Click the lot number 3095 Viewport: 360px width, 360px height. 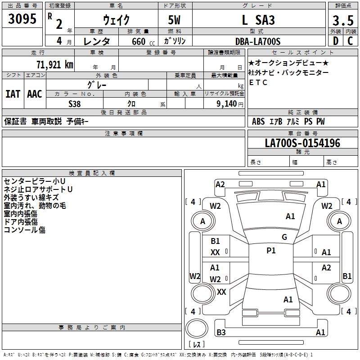22,19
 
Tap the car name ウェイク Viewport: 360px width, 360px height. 117,20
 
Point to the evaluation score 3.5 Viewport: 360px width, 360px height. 342,20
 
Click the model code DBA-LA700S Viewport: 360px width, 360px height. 258,41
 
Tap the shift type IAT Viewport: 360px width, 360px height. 13,94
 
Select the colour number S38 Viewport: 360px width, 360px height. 75,103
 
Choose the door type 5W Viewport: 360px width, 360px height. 175,20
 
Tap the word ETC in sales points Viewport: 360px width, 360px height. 258,82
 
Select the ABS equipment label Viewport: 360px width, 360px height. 258,121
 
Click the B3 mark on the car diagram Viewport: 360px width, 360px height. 221,333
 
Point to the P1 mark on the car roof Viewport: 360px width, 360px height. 271,251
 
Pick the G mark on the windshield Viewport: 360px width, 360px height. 284,237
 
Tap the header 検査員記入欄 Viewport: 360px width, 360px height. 92,173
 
